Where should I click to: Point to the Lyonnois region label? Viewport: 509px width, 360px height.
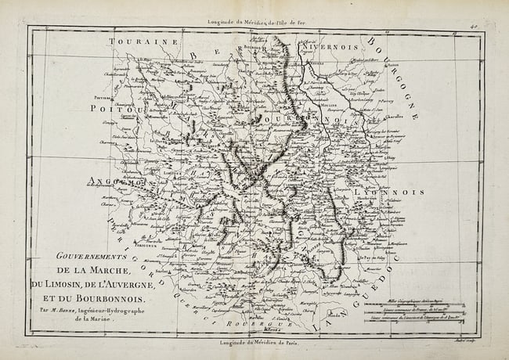pos(388,191)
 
